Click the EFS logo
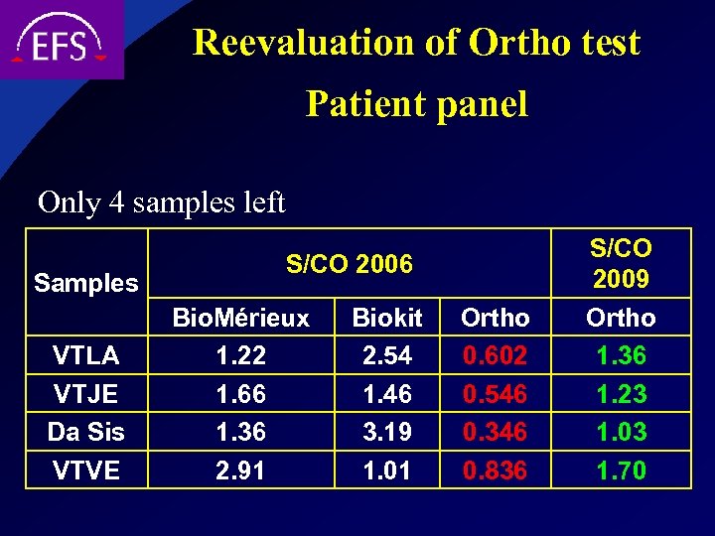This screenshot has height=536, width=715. [60, 40]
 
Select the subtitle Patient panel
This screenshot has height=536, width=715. [416, 103]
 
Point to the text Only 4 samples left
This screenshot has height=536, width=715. [161, 202]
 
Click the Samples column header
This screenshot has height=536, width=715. [86, 283]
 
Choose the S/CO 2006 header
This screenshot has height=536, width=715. [349, 263]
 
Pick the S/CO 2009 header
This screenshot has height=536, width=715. [621, 263]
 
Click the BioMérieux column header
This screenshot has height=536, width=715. [241, 318]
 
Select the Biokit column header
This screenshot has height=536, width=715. [387, 318]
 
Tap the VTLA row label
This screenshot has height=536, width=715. [86, 354]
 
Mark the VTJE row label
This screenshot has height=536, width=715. [86, 394]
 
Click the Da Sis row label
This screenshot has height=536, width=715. [86, 432]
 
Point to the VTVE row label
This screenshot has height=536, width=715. [86, 469]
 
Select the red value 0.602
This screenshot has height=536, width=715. [495, 354]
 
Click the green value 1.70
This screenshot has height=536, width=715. [621, 469]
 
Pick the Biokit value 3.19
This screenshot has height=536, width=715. [387, 432]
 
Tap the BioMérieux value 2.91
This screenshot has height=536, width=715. [241, 469]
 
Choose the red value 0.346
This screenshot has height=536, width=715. [495, 432]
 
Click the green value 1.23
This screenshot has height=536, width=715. [621, 394]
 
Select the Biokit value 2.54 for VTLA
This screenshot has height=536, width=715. [387, 354]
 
